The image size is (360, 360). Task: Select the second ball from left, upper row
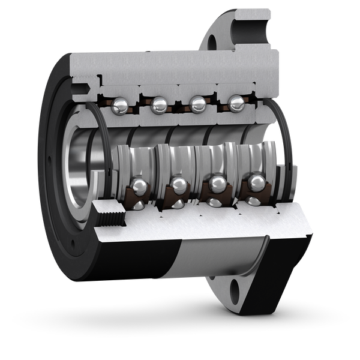[159, 106]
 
